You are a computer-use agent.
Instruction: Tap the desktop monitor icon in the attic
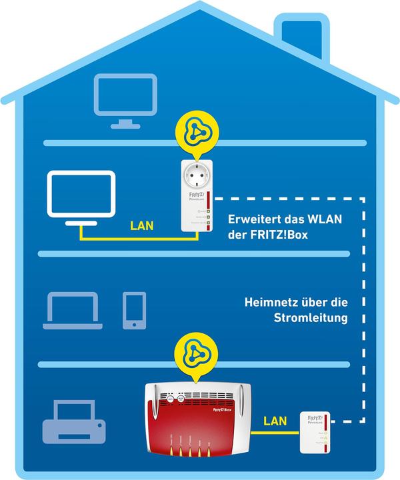click(125, 99)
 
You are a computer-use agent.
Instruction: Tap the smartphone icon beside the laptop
click(134, 309)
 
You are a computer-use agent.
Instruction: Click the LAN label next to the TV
click(141, 226)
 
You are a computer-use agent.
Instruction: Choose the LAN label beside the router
click(275, 421)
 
